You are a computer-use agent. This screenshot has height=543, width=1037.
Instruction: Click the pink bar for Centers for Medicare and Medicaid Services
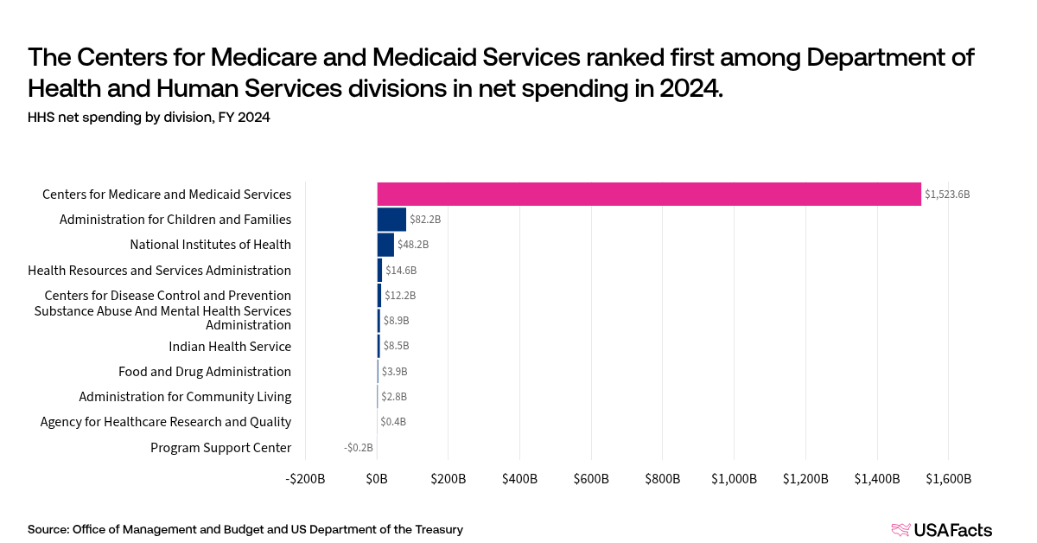point(648,194)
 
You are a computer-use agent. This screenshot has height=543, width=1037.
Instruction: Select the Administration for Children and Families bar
point(391,220)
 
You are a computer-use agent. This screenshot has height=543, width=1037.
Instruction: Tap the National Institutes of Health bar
point(385,245)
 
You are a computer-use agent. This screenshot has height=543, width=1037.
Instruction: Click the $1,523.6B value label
point(947,195)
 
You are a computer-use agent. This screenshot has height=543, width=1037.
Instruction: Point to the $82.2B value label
point(425,220)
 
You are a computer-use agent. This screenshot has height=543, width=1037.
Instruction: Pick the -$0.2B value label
point(359,448)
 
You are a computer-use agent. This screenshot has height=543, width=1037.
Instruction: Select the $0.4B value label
point(393,422)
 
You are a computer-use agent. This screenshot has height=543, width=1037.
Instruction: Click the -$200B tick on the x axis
point(306,479)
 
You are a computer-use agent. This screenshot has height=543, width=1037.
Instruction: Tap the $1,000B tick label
point(734,479)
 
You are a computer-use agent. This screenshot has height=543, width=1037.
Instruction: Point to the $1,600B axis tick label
point(948,479)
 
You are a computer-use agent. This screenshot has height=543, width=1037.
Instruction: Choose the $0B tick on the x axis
point(378,479)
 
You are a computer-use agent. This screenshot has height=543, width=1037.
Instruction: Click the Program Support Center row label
point(220,448)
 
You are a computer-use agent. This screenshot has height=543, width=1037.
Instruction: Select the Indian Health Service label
point(230,347)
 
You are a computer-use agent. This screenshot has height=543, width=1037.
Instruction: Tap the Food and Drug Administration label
point(205,372)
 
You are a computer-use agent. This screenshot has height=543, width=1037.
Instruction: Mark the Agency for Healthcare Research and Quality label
point(166,422)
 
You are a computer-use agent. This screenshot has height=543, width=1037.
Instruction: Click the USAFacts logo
point(942,530)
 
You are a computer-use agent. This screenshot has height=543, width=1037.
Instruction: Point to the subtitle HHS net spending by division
point(149,118)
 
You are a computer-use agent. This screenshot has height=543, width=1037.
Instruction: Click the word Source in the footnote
point(48,529)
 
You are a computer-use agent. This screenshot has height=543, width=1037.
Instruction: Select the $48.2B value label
point(413,245)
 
